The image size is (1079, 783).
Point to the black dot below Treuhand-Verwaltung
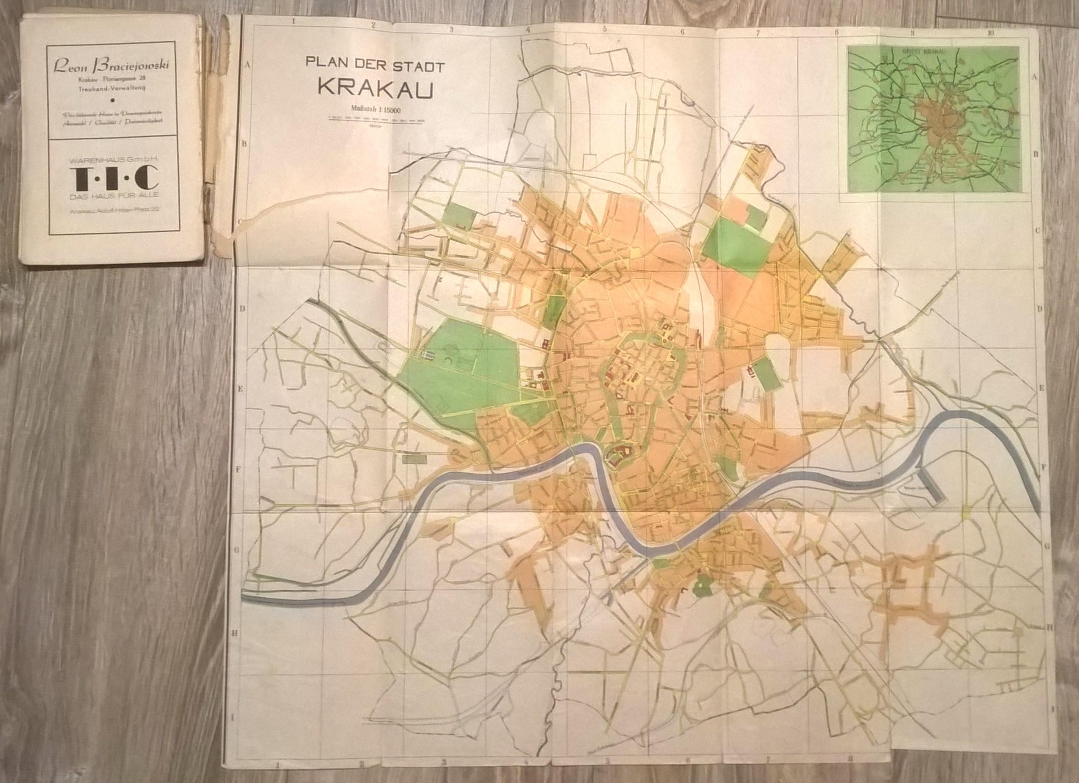click(113, 100)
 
